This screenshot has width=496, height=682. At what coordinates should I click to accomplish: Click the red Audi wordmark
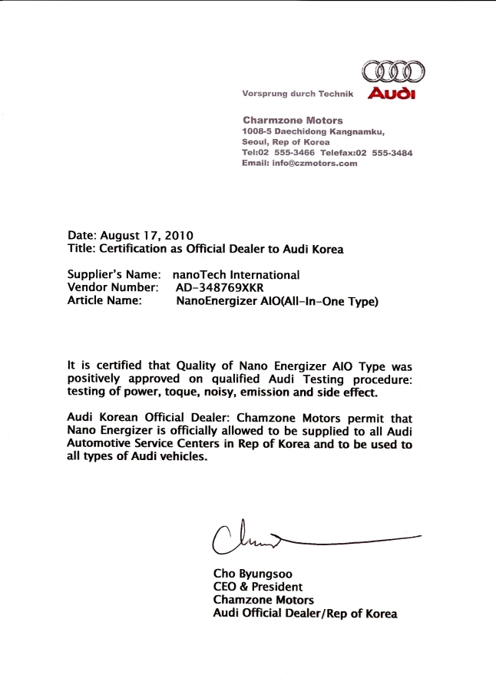[x=392, y=94]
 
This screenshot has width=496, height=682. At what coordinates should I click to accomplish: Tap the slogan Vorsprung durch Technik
[x=297, y=94]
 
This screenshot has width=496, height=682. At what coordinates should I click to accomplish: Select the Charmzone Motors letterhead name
[x=293, y=121]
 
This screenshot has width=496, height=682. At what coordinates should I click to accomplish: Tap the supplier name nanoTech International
[x=237, y=274]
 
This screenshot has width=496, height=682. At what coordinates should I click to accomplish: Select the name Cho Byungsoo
[x=252, y=573]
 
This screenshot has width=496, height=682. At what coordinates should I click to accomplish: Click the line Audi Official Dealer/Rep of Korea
[x=305, y=614]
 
